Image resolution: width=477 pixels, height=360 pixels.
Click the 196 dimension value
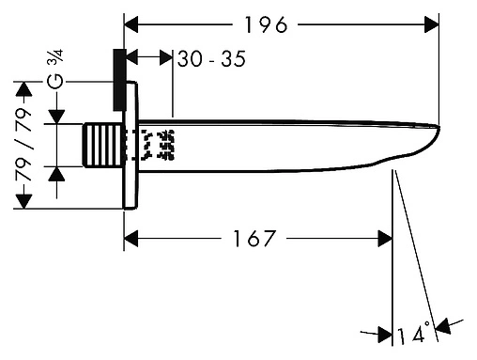pyautogui.click(x=266, y=24)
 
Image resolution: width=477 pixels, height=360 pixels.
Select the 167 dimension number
pyautogui.click(x=254, y=239)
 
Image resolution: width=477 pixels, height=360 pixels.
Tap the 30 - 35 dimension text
pyautogui.click(x=211, y=58)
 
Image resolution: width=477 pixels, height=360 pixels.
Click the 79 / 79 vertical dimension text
pyautogui.click(x=23, y=144)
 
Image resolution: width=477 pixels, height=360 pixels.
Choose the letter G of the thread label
pyautogui.click(x=55, y=82)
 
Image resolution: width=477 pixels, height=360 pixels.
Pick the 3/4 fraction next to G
pyautogui.click(x=55, y=56)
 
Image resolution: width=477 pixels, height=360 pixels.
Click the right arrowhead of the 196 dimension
pyautogui.click(x=431, y=24)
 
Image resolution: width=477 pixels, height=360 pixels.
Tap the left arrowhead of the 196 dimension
pyautogui.click(x=131, y=24)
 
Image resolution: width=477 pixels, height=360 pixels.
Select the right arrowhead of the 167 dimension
pyautogui.click(x=385, y=239)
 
